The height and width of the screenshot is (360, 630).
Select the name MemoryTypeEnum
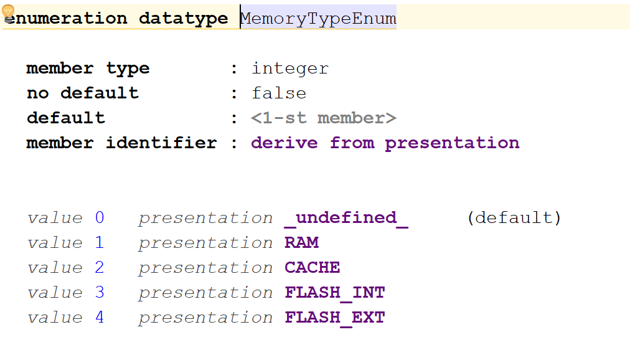(x=319, y=19)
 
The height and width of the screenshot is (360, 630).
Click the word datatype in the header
(x=183, y=19)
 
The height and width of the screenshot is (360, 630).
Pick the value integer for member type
(x=290, y=69)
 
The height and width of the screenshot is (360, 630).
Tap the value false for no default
(x=279, y=93)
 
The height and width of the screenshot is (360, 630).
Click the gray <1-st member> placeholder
(x=324, y=118)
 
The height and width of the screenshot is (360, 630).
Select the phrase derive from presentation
(x=385, y=143)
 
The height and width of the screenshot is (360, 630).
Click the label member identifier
(x=121, y=143)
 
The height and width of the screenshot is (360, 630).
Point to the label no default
(x=83, y=93)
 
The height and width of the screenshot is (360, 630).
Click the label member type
(x=88, y=69)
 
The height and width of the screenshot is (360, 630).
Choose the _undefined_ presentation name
(x=346, y=218)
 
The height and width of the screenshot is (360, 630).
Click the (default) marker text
(x=514, y=218)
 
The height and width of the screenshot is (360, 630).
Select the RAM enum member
(x=302, y=243)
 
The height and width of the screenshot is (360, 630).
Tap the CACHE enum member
(x=313, y=268)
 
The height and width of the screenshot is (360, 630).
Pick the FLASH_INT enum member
(x=335, y=293)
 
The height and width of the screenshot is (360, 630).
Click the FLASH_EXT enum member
(x=335, y=318)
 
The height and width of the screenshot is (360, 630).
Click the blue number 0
(x=100, y=218)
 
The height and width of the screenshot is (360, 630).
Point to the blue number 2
(x=100, y=268)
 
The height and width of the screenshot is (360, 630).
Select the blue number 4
(x=100, y=318)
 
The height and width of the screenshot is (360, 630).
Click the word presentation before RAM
(x=205, y=243)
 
